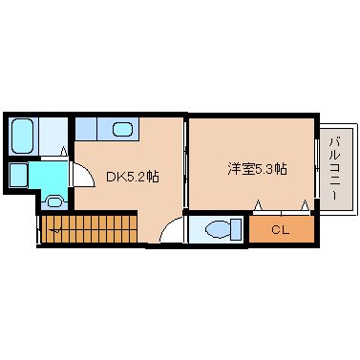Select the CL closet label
[280, 229]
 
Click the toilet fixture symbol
[218, 229]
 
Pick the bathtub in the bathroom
[23, 136]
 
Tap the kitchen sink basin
[122, 129]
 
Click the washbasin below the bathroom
[54, 201]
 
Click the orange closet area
[280, 230]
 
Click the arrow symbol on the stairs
[56, 229]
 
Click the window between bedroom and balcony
[317, 167]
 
